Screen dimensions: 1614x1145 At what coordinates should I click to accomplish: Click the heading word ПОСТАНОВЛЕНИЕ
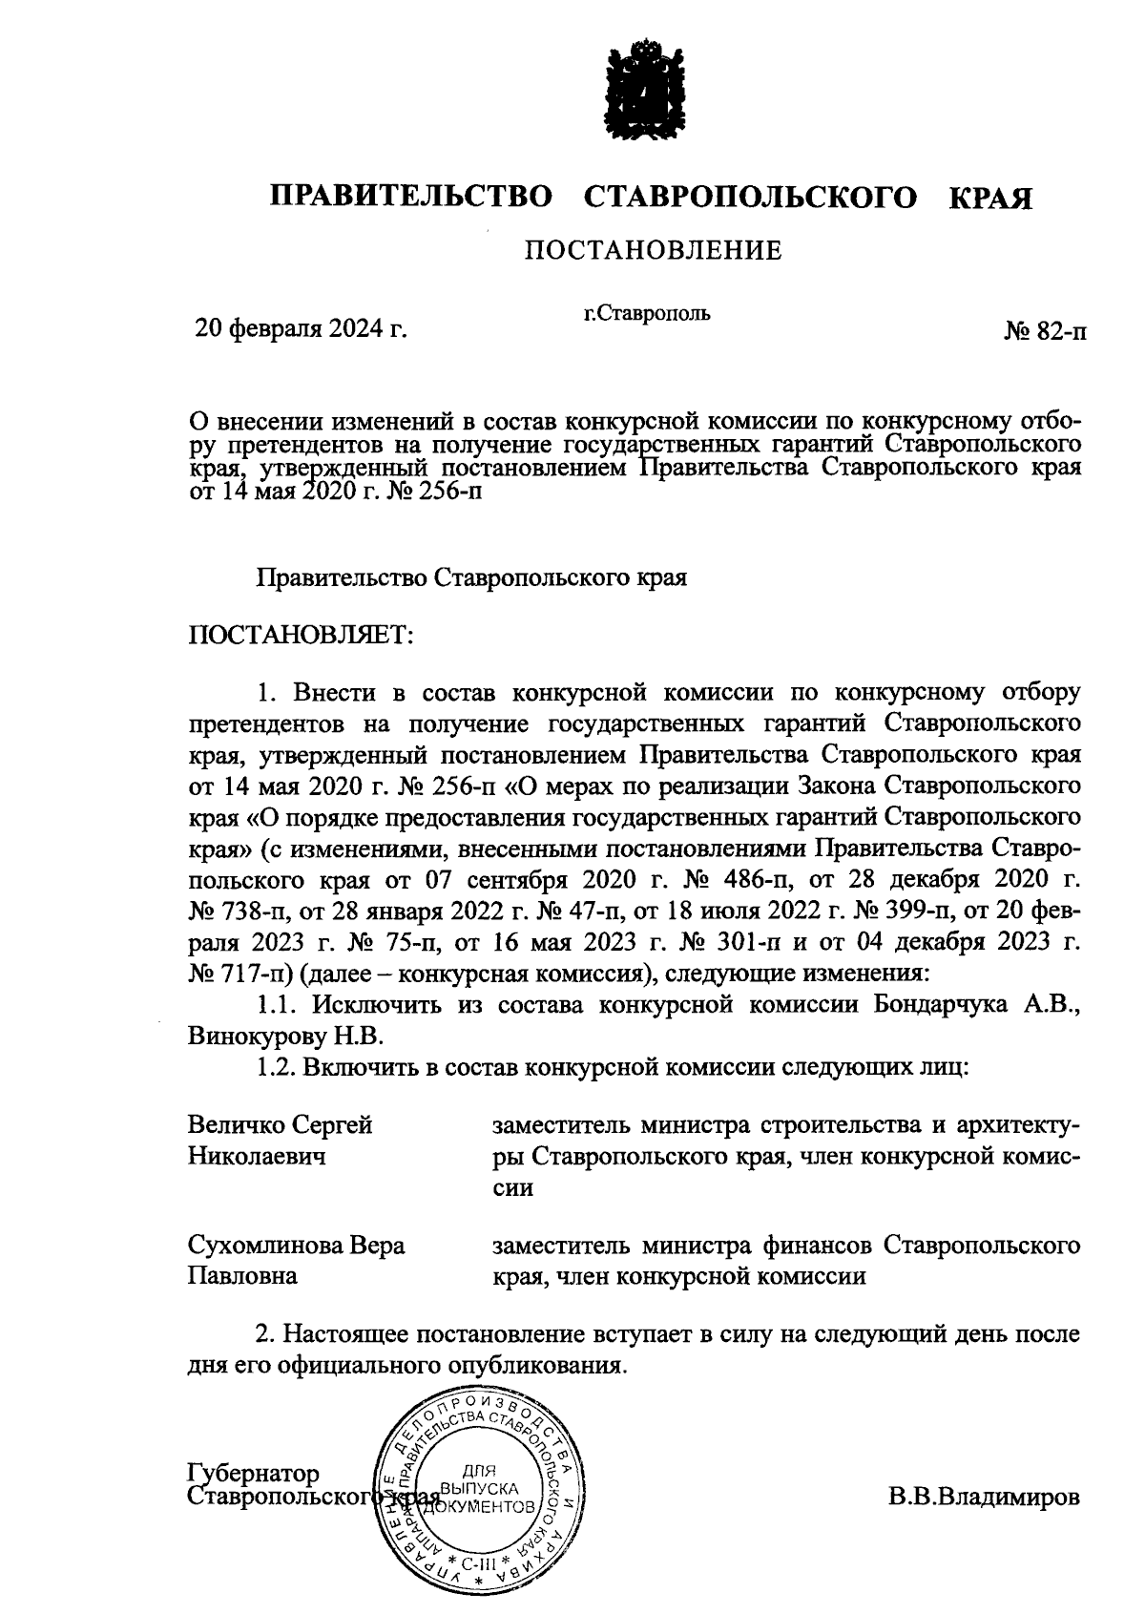coord(652,251)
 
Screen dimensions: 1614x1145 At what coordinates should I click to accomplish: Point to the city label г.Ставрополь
coord(647,312)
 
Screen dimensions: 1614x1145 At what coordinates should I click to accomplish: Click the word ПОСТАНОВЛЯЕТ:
coord(302,636)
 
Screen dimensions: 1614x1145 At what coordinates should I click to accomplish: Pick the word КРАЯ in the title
coord(990,198)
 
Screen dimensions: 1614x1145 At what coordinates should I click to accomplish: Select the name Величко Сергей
coord(280,1124)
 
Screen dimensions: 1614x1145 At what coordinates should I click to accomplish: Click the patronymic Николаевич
coord(257,1157)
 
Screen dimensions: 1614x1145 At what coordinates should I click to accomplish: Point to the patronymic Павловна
coord(241,1276)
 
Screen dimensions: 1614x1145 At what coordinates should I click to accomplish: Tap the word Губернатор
coord(254,1475)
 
